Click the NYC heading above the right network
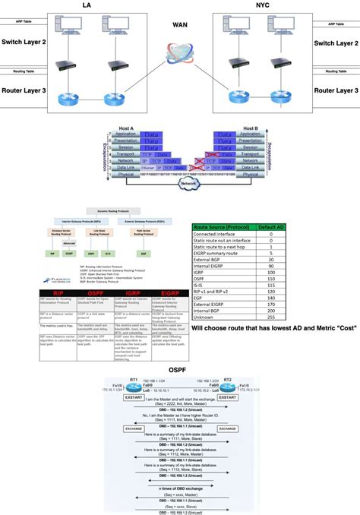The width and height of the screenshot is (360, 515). pyautogui.click(x=273, y=5)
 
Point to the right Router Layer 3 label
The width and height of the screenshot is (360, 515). pyautogui.click(x=336, y=90)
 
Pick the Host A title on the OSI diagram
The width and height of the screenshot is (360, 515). pyautogui.click(x=127, y=129)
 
